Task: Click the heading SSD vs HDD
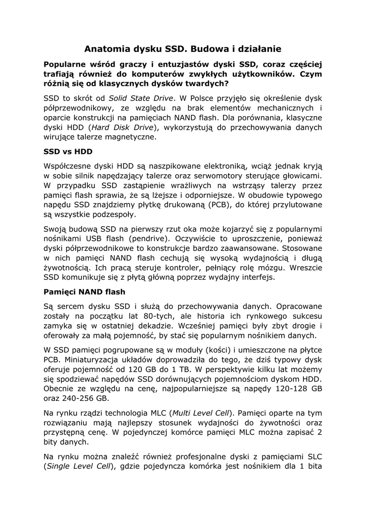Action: (x=68, y=151)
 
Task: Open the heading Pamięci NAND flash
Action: (x=84, y=292)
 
